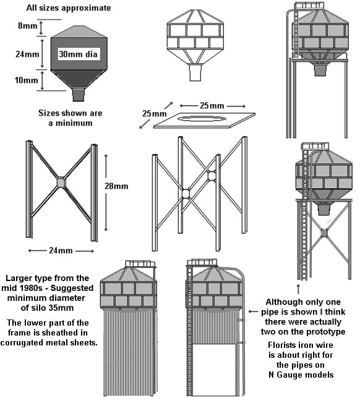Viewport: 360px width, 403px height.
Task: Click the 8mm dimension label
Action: tap(28, 26)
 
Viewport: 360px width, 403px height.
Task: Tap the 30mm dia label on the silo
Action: tap(78, 54)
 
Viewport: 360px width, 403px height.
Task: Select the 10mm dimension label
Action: tap(27, 80)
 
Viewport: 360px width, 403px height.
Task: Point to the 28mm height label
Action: tap(116, 186)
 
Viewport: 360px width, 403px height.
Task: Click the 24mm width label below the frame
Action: tap(61, 250)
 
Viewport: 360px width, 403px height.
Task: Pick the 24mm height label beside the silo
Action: tap(27, 54)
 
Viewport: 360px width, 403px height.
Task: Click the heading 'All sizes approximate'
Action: tap(69, 7)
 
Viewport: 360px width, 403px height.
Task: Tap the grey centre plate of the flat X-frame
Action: tap(61, 183)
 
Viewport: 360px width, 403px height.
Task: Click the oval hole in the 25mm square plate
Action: tap(202, 118)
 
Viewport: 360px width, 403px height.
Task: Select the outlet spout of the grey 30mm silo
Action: tap(79, 95)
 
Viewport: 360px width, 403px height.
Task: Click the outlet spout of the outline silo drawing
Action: tap(195, 72)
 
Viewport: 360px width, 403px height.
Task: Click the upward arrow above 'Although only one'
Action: tap(298, 289)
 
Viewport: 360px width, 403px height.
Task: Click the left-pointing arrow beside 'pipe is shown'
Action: tap(253, 312)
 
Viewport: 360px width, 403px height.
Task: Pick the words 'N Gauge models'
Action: tap(301, 375)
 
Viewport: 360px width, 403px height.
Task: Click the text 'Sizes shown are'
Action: tap(70, 113)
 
